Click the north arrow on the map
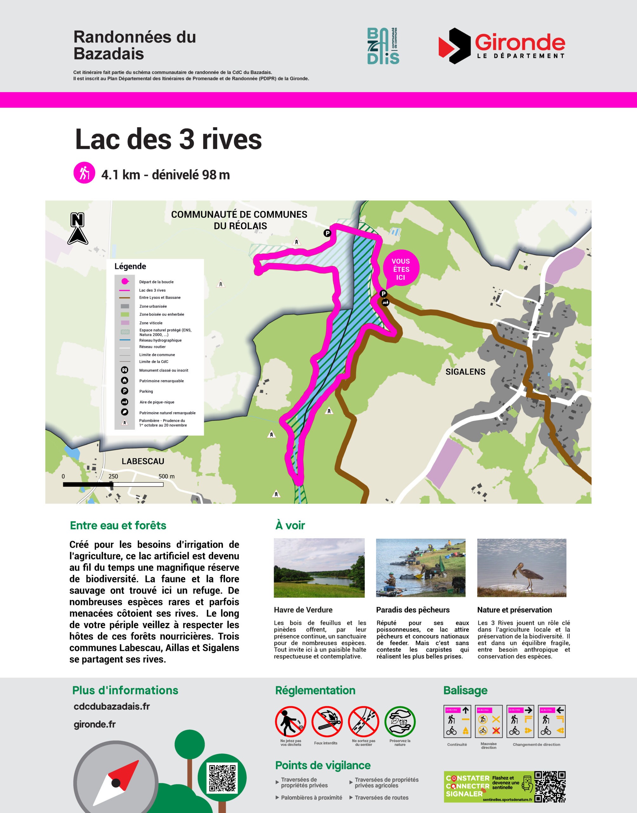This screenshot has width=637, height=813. pos(77,229)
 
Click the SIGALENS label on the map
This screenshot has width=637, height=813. pos(465,372)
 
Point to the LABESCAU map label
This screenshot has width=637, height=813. pos(143,461)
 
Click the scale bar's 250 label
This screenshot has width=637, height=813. pos(113,476)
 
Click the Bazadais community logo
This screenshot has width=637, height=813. pos(383,45)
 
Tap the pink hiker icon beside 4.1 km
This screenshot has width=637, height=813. pos(84,173)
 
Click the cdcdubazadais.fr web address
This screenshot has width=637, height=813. pos(111,706)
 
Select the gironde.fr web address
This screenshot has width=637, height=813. pos(95,724)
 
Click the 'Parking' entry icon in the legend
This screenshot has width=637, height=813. pos(124,391)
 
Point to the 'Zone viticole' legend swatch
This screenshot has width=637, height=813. pos(124,323)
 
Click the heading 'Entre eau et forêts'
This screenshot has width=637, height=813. pos(118,526)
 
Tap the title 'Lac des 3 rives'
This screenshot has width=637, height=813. pos(168,139)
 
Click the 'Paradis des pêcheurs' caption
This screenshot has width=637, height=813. pos(412,610)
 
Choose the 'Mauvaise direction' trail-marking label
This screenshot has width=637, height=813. pos(489,745)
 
